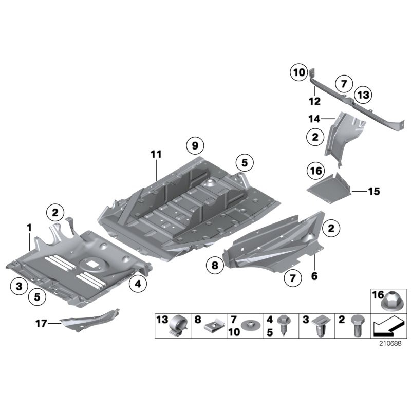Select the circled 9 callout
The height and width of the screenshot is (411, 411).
tap(195, 146)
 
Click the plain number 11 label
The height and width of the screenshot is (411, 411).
tap(156, 154)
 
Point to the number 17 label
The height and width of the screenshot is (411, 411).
tap(41, 323)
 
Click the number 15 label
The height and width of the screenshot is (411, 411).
tap(373, 192)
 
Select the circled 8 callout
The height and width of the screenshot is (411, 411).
tap(215, 266)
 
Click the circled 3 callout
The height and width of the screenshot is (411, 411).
tap(18, 286)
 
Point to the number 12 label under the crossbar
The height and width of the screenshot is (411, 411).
tap(314, 101)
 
